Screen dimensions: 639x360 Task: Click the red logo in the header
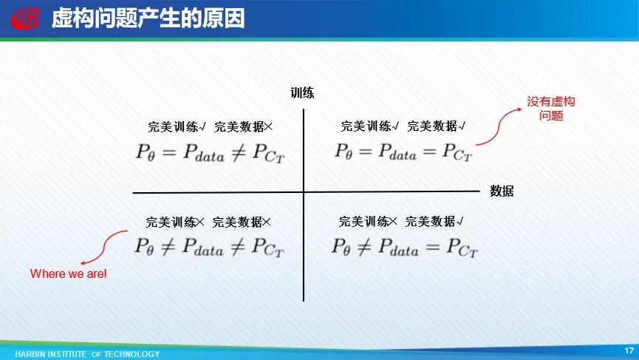[25, 18]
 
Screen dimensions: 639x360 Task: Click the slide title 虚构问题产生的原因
[148, 18]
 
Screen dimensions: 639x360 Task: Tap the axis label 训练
[302, 93]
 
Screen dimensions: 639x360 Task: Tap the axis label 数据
[502, 191]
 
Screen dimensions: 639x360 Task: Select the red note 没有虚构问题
[551, 109]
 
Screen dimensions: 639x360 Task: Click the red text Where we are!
[69, 274]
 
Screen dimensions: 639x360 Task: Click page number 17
[629, 350]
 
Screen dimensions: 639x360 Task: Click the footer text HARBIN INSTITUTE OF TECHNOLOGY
[88, 354]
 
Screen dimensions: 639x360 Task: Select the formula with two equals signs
[403, 152]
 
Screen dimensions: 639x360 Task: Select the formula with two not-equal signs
[209, 247]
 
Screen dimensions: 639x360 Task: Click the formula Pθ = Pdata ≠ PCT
[211, 153]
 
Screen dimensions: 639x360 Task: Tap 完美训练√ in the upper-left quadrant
[177, 127]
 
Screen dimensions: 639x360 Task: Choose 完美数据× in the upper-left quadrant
[243, 127]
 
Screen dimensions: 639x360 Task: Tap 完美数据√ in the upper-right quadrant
[436, 126]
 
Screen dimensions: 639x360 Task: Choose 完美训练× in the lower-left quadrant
[175, 223]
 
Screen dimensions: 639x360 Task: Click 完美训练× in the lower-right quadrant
[368, 221]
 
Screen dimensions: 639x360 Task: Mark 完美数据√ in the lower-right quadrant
[434, 221]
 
